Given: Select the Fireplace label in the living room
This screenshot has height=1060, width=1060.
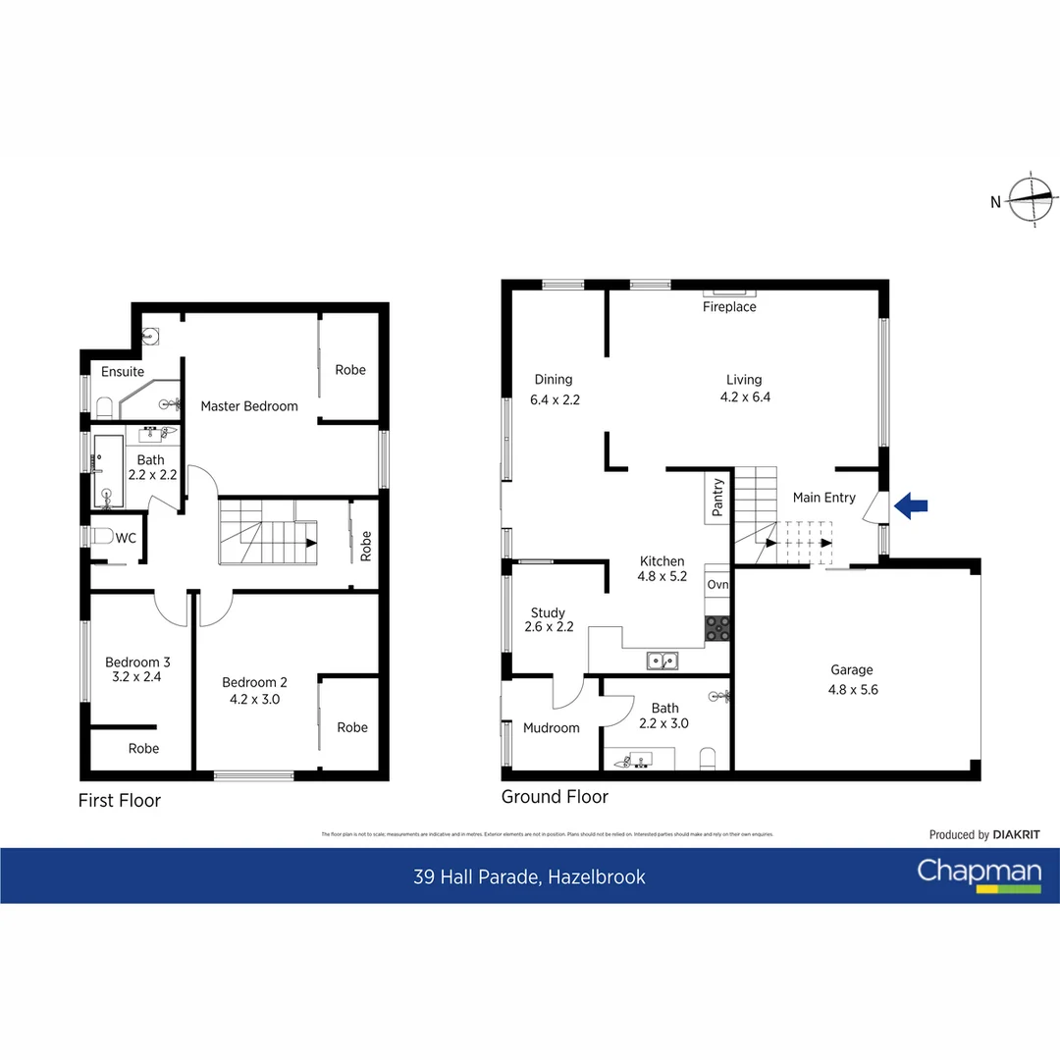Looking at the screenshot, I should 729,307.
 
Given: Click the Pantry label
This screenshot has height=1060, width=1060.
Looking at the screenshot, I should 717,498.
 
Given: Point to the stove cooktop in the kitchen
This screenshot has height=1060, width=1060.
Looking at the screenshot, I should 716,628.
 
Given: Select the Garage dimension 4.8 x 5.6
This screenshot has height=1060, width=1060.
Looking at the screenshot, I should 851,689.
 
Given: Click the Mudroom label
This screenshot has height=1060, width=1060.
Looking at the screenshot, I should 551,728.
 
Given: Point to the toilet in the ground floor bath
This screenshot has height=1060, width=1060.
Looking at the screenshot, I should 707,759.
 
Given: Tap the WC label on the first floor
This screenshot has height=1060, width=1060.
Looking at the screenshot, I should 126,538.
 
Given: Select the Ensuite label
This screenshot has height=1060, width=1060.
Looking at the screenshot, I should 123,372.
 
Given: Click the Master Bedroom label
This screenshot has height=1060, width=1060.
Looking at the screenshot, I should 249,406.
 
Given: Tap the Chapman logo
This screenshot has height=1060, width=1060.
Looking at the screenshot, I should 979,874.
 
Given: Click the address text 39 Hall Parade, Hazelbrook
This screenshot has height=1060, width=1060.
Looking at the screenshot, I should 529,876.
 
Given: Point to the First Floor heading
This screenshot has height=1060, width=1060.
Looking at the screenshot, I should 119,801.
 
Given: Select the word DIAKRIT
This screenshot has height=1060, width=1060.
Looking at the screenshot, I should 1016,835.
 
